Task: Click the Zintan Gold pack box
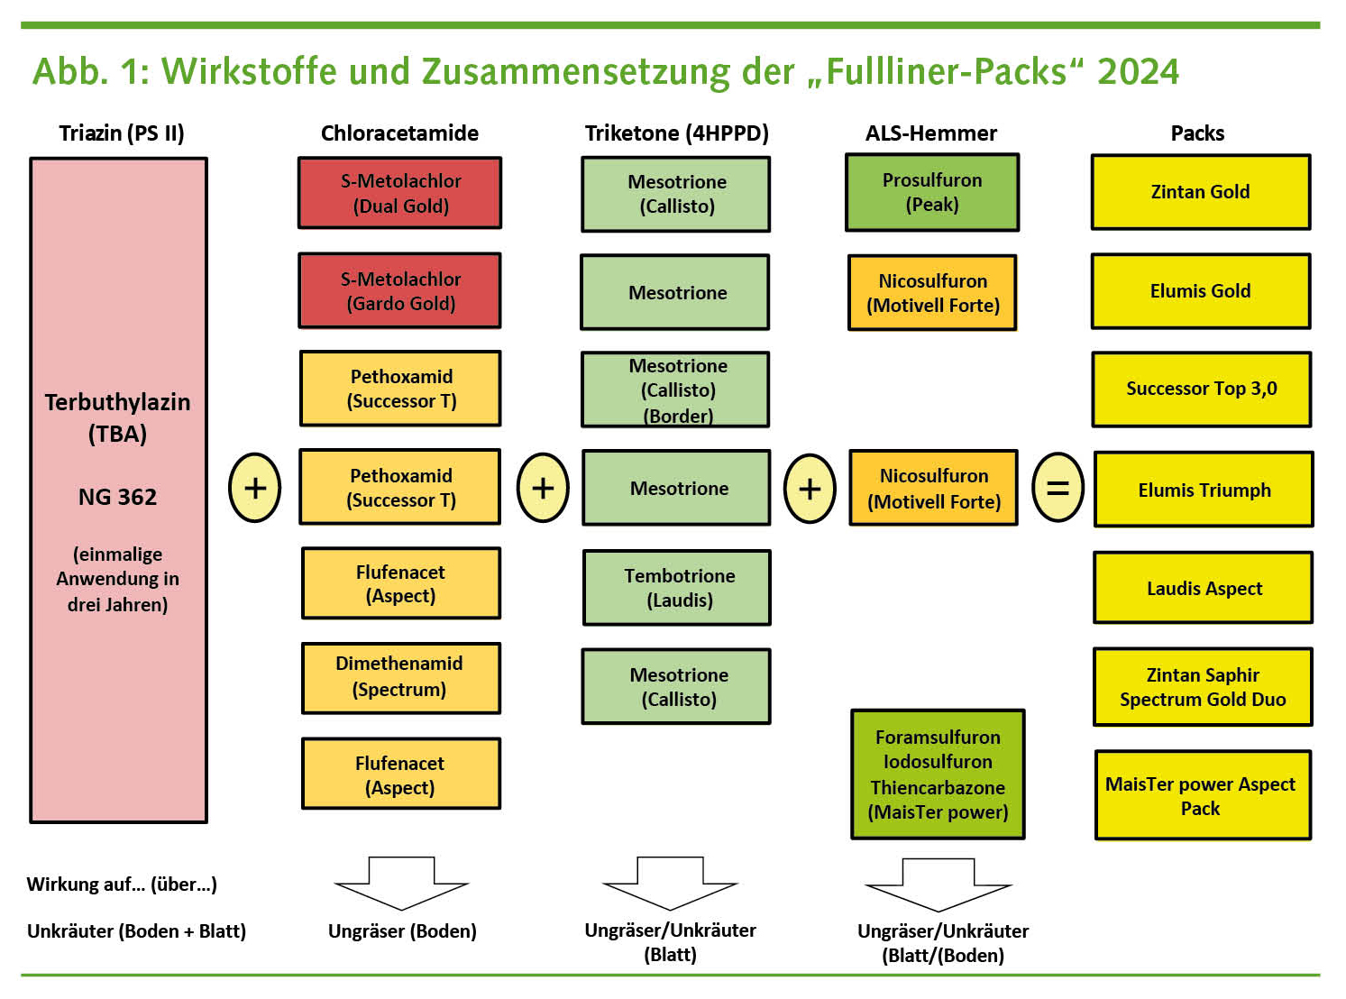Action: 1200,192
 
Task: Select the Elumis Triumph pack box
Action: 1204,490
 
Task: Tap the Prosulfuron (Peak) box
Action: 932,192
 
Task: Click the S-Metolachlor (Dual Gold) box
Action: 400,193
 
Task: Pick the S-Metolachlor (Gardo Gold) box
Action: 400,290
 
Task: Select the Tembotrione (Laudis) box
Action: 678,588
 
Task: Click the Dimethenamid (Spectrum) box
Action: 400,677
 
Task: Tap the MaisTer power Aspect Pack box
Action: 1203,795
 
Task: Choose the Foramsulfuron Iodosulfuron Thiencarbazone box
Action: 938,774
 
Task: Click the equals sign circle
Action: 1057,488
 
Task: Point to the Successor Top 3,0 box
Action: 1201,389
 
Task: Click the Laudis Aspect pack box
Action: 1204,588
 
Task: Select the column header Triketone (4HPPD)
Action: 676,133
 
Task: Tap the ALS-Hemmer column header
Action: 931,133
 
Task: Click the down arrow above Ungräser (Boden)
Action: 402,883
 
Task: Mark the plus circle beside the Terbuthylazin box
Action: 255,488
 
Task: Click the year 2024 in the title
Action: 1138,71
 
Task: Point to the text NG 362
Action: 117,497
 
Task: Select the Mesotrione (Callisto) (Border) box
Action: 676,390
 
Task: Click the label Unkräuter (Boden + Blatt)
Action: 136,930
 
